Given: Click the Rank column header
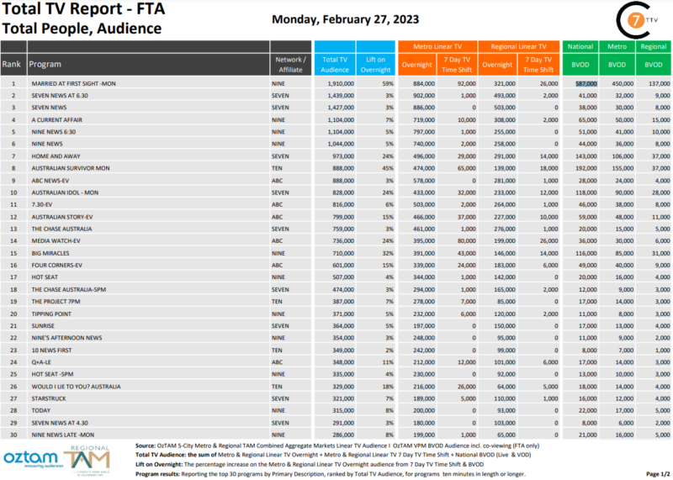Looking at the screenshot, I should coord(12,64).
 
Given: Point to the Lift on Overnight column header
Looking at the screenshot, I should coord(376,64).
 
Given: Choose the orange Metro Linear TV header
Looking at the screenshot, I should coord(437,47).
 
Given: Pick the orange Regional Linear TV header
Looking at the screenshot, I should coord(518,47).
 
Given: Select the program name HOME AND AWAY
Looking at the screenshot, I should coord(54,156).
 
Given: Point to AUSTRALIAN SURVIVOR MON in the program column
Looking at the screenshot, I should coord(70,169).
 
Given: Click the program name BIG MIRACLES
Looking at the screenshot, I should coord(49,253).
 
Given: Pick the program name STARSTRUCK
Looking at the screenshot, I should coord(47,398).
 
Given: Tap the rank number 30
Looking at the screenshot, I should coord(13,435).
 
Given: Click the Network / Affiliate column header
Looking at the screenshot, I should coord(290,64).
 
